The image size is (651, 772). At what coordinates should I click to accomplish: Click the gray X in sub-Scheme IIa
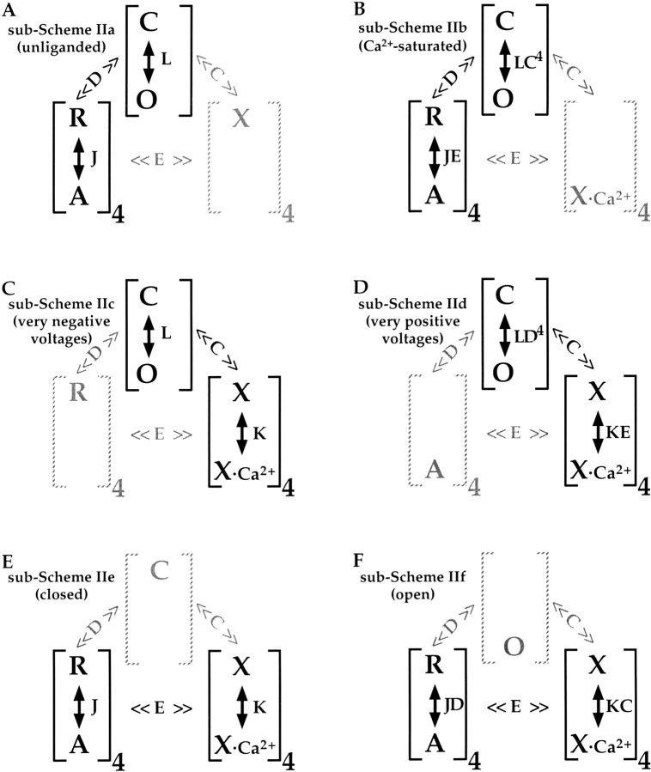tap(241, 119)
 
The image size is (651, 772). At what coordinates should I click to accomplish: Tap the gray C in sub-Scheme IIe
tap(160, 569)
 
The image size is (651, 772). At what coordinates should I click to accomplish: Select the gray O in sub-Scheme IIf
tap(514, 646)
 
